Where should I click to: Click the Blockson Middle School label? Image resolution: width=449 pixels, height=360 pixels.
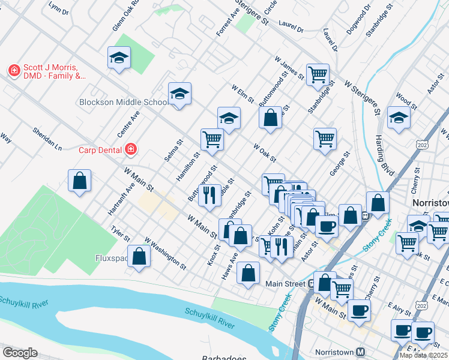124,102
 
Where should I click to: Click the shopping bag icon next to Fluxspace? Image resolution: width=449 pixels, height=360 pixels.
139,256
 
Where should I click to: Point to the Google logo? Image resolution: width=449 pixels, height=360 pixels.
20,353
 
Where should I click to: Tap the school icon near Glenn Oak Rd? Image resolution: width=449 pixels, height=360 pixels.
119,58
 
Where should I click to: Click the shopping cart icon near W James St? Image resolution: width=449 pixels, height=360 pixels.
318,74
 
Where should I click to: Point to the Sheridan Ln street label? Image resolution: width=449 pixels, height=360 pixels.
47,139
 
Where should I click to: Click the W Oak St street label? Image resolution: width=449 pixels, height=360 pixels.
264,152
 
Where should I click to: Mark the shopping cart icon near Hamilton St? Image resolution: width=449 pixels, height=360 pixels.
212,139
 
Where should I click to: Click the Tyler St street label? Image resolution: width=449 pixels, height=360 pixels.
121,234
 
